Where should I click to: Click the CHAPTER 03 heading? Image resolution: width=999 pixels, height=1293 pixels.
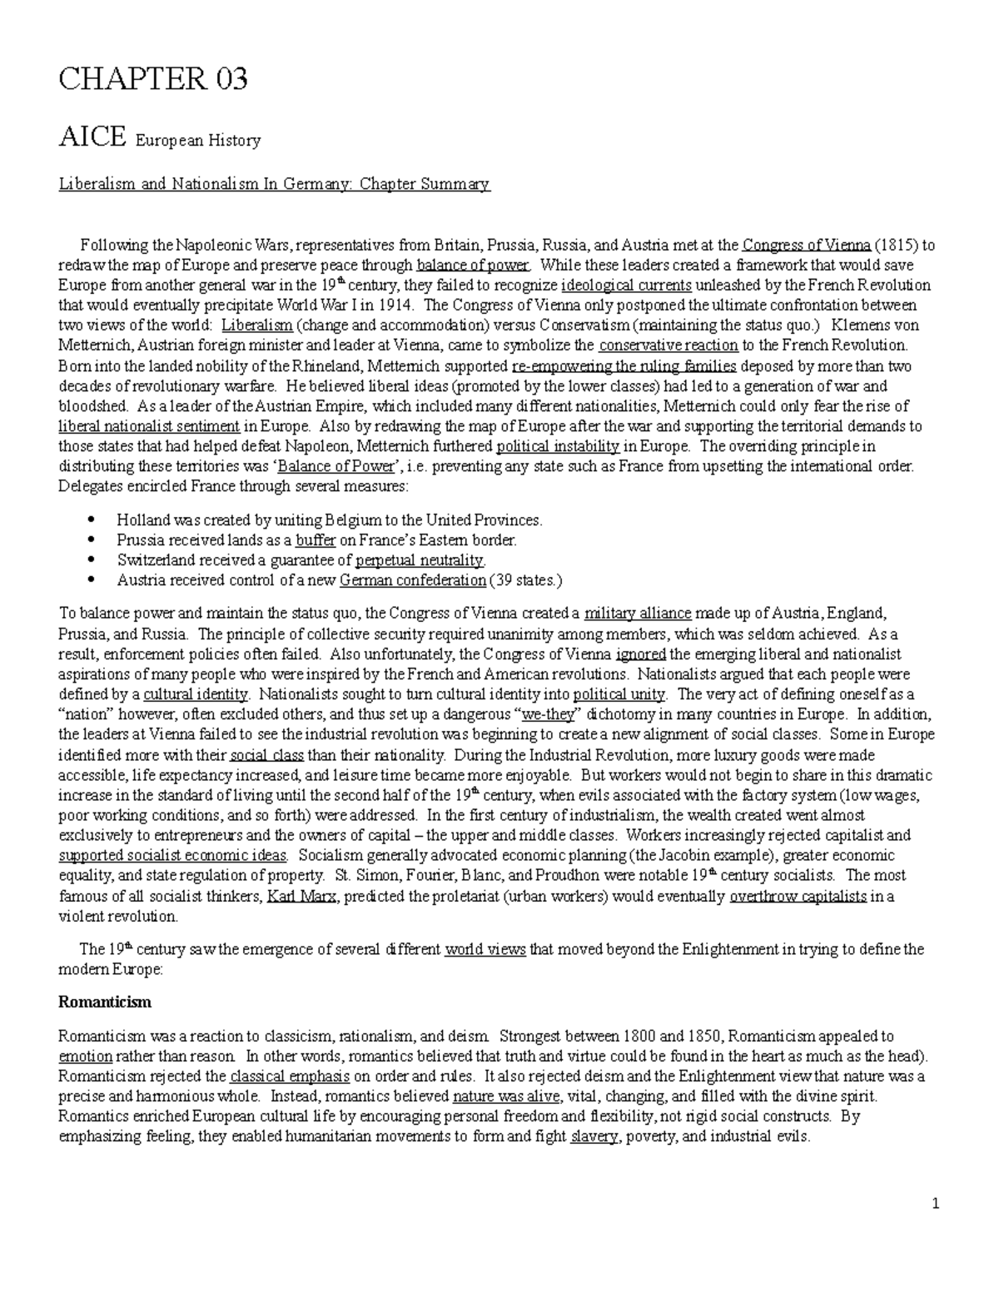pyautogui.click(x=153, y=80)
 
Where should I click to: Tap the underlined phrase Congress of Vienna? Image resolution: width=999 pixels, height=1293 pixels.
pyautogui.click(x=807, y=246)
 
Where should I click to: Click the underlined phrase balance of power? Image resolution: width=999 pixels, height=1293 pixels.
pyautogui.click(x=472, y=266)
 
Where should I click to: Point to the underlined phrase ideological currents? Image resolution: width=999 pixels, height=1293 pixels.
pyautogui.click(x=627, y=286)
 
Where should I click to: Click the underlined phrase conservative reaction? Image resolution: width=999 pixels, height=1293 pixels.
pyautogui.click(x=668, y=346)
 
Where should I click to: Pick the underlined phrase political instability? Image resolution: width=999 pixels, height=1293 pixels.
pyautogui.click(x=558, y=446)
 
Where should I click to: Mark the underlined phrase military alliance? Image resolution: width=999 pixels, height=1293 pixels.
pyautogui.click(x=638, y=614)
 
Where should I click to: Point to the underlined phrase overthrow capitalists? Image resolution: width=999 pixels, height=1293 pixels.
pyautogui.click(x=798, y=897)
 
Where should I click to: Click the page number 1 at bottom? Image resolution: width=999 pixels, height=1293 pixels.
pyautogui.click(x=937, y=1205)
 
